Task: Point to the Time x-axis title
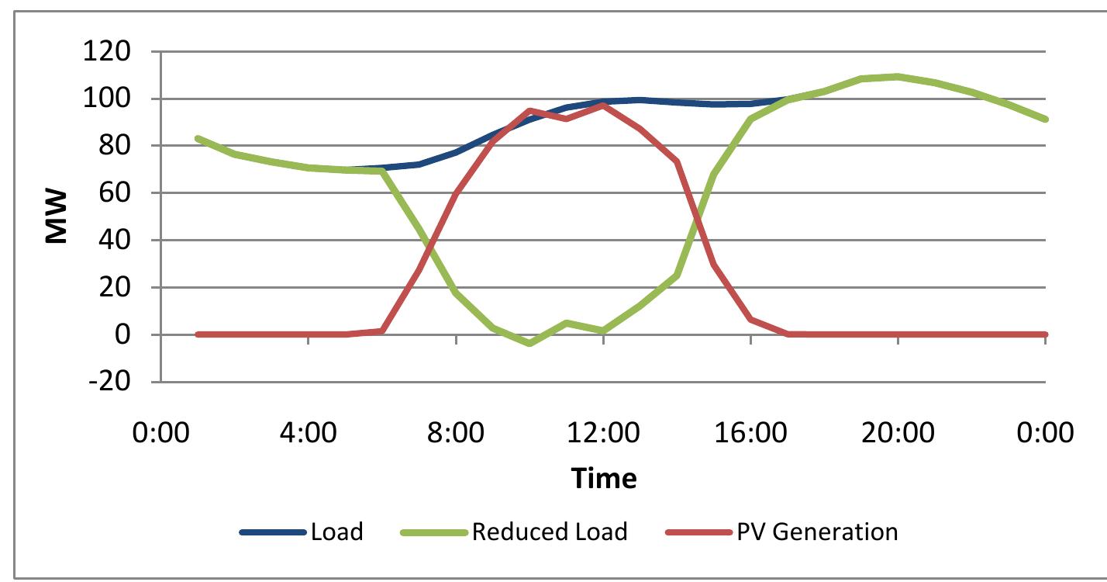tap(604, 478)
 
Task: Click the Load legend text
tap(336, 532)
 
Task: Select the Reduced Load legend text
tap(549, 532)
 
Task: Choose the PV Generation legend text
tap(817, 532)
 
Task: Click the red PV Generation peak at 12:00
tap(603, 104)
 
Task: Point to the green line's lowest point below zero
tap(529, 343)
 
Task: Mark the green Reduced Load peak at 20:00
tap(898, 76)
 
